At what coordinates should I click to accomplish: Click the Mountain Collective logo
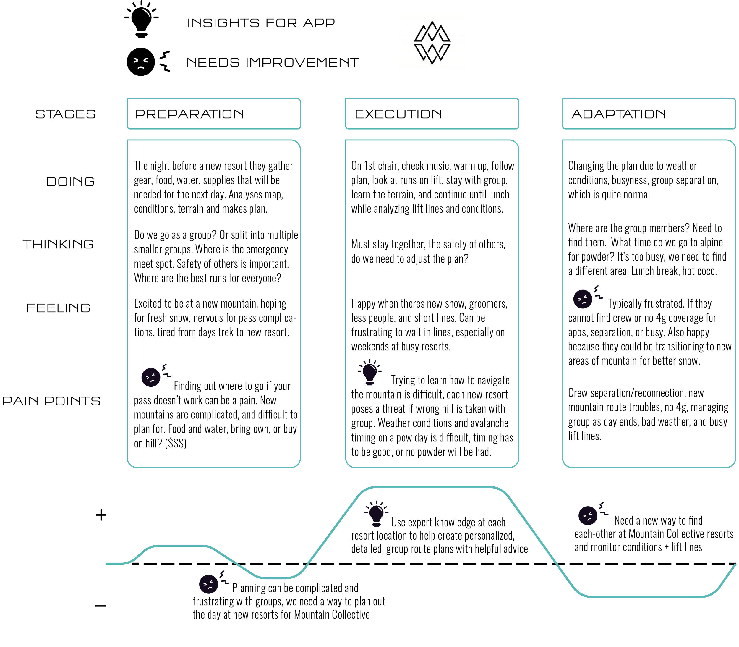click(432, 43)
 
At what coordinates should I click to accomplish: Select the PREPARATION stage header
click(214, 114)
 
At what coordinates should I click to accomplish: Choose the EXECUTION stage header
click(432, 114)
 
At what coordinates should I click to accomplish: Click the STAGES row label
click(66, 114)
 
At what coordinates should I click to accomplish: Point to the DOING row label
click(71, 181)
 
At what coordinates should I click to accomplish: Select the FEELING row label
click(59, 308)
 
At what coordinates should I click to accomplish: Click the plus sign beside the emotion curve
click(101, 515)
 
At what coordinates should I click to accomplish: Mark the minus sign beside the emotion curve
click(101, 606)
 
